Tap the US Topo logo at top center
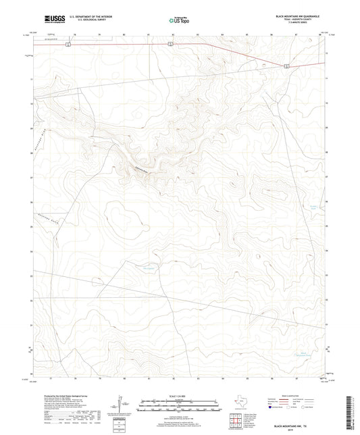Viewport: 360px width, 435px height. coord(178,21)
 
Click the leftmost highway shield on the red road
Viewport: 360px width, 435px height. coord(48,45)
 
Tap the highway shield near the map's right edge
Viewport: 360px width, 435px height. coord(287,66)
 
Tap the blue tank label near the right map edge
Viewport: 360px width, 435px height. coord(312,207)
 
